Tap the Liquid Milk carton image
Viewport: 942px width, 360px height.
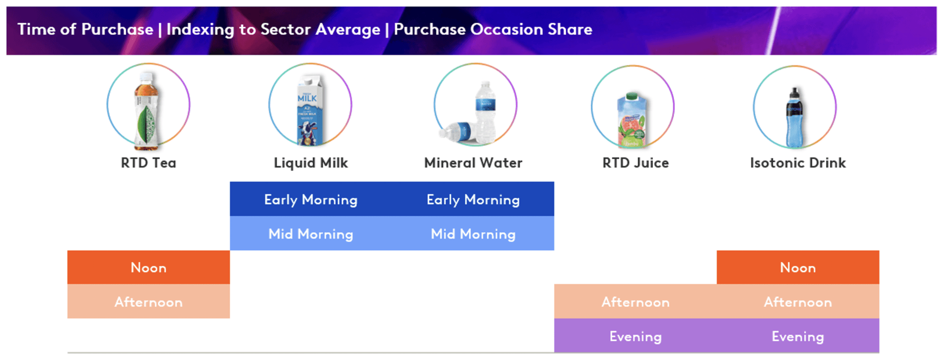309,110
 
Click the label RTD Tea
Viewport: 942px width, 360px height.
148,163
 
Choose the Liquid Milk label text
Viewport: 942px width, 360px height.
311,163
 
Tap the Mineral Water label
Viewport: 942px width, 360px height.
473,163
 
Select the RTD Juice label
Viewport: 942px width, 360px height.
635,163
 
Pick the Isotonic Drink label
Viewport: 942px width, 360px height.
798,163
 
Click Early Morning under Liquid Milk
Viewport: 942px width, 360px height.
311,199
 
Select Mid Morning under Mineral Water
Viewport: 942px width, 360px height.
473,234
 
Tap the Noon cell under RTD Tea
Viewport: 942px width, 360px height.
148,268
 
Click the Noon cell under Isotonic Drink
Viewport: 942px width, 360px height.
798,268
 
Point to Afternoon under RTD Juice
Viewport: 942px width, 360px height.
635,302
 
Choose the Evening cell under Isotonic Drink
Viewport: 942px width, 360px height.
798,336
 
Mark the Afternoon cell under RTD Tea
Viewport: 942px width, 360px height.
148,302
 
